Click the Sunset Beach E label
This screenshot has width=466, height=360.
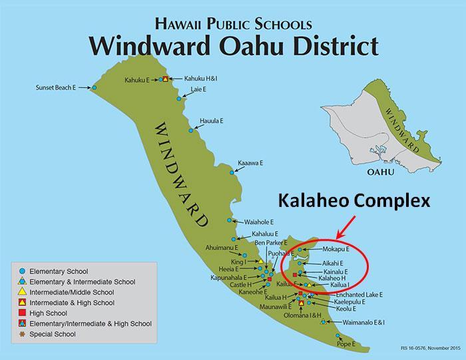coord(56,87)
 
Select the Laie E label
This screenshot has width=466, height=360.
coord(198,89)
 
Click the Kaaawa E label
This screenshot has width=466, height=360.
coord(252,162)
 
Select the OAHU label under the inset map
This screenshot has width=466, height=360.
coord(381,172)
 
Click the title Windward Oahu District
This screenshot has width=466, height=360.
coord(234,46)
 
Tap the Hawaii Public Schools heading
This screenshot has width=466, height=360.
coord(233,24)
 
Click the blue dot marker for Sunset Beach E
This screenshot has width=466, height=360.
coord(95,88)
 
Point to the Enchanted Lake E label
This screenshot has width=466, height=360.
coord(359,294)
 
